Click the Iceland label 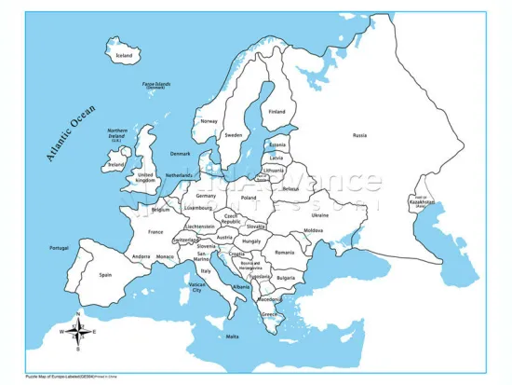point(124,55)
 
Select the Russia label point(359,136)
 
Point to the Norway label point(209,121)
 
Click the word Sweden point(234,135)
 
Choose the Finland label point(276,112)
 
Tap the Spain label point(106,275)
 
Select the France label point(155,232)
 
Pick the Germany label point(207,196)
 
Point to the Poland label point(249,198)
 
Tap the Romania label point(284,252)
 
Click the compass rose point(81,329)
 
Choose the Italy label point(207,271)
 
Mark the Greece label point(270,314)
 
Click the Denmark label point(181,154)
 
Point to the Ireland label point(115,165)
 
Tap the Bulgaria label point(286,278)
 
